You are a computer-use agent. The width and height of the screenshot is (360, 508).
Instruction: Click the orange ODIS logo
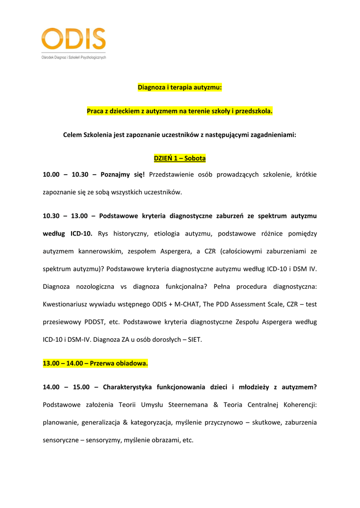point(73,40)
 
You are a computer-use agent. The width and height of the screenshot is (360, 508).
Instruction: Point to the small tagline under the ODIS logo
point(73,57)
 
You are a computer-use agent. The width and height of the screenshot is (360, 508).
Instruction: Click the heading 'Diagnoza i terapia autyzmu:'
point(180,88)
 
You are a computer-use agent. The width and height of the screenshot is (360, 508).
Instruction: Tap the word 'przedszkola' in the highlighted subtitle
point(255,111)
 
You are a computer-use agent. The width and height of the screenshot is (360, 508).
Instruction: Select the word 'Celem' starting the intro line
point(72,134)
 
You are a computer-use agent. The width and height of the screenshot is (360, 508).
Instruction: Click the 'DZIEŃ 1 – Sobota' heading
point(180,158)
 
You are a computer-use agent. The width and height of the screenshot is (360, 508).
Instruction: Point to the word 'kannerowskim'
point(100,252)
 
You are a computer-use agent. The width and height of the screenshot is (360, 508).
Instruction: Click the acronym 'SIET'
point(193,340)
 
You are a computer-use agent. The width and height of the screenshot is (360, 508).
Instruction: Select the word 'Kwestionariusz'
point(67,304)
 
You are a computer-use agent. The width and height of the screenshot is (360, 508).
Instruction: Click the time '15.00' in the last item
point(81,387)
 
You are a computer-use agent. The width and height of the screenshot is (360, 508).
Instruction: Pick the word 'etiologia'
point(168,233)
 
